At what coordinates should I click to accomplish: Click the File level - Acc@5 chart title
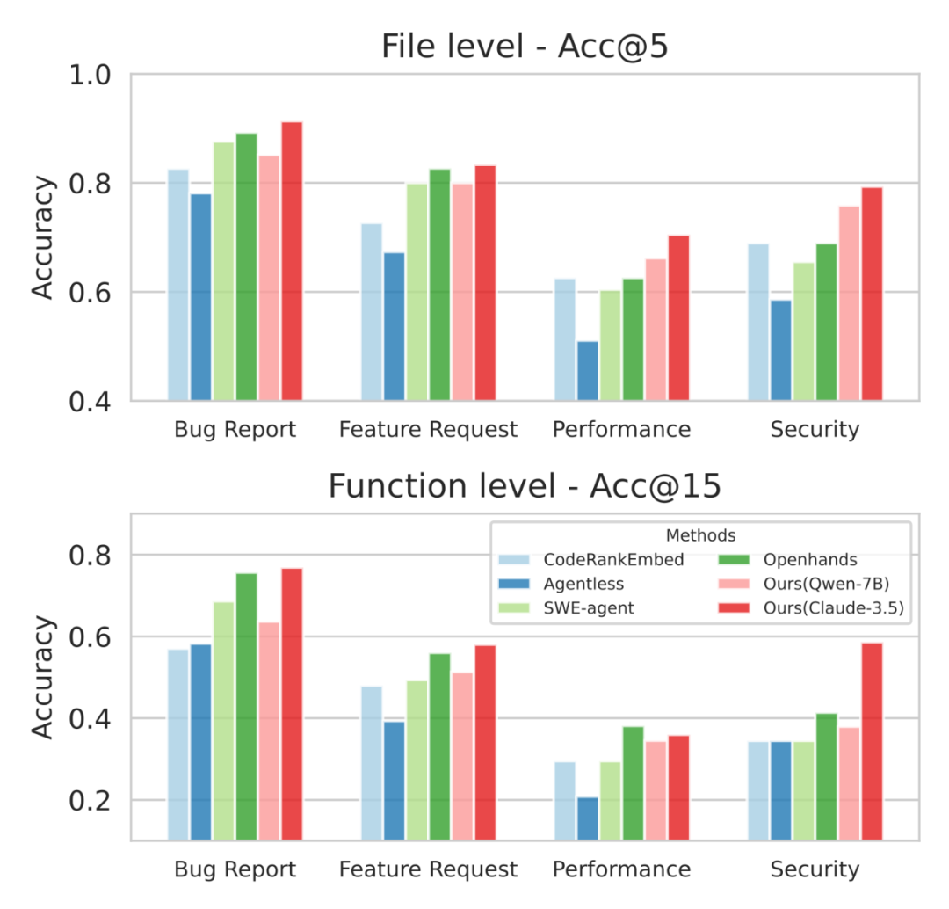pyautogui.click(x=525, y=47)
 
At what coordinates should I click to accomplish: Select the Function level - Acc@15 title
pyautogui.click(x=525, y=485)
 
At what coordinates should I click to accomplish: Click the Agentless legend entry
pyautogui.click(x=583, y=583)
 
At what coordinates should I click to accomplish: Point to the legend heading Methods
pyautogui.click(x=700, y=534)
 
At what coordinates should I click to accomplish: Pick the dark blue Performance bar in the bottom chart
pyautogui.click(x=587, y=818)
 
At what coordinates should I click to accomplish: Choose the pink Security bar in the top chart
pyautogui.click(x=849, y=303)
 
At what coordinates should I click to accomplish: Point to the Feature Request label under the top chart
pyautogui.click(x=428, y=430)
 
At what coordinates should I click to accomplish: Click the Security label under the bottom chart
pyautogui.click(x=815, y=869)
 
